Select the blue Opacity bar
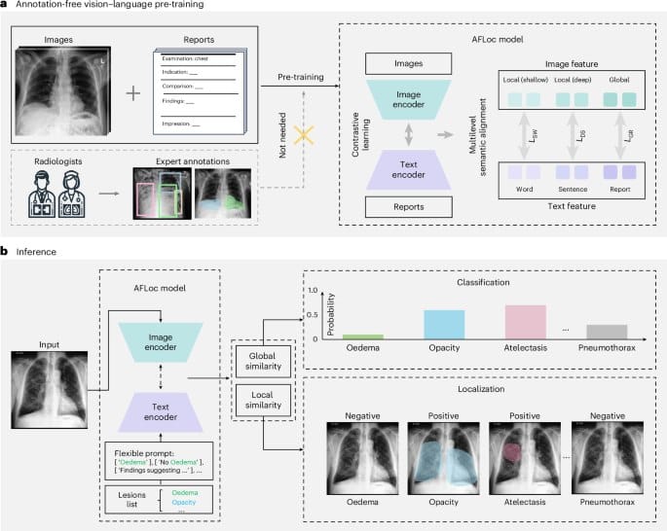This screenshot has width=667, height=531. (x=444, y=323)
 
